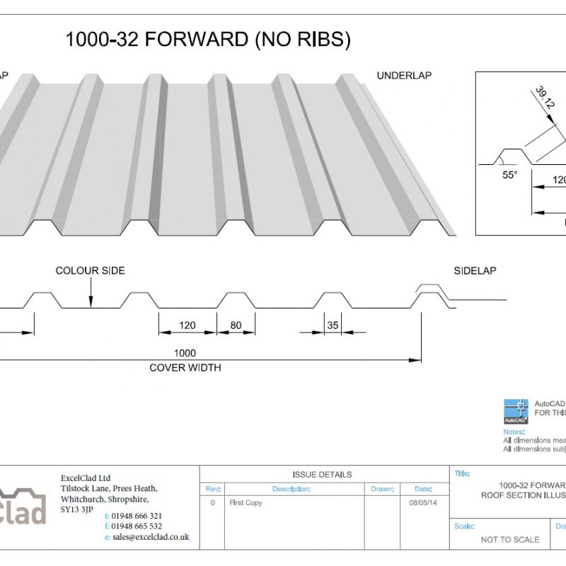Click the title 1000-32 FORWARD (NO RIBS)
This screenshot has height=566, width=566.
[208, 40]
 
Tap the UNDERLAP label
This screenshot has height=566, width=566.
[404, 75]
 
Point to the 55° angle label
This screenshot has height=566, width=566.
[510, 175]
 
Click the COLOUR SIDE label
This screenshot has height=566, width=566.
[90, 271]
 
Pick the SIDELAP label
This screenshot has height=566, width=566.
[475, 271]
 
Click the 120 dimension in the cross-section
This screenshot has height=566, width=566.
[187, 326]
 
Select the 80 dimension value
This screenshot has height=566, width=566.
[236, 326]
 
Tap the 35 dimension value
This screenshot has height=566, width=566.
[333, 326]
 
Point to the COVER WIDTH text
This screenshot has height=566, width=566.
[185, 368]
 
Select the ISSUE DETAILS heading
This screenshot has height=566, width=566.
[322, 474]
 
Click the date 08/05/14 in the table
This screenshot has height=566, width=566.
[423, 502]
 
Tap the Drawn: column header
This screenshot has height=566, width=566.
[381, 489]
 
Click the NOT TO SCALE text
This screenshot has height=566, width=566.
[509, 539]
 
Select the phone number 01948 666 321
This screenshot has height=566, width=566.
[137, 516]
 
